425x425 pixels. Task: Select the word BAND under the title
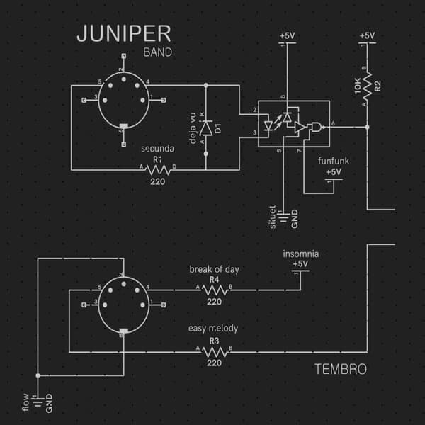coord(157,52)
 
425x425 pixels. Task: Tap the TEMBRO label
coord(340,370)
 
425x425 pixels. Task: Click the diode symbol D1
coord(206,128)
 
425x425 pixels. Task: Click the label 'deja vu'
coord(192,128)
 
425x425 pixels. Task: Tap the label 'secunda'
coord(157,149)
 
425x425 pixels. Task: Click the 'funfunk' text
coord(333,161)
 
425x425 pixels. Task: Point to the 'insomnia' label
coord(300,254)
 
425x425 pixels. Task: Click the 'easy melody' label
coord(213,329)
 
